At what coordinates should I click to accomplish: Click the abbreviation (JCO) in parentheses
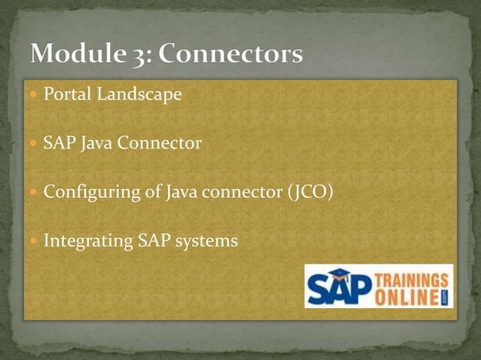click(309, 192)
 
